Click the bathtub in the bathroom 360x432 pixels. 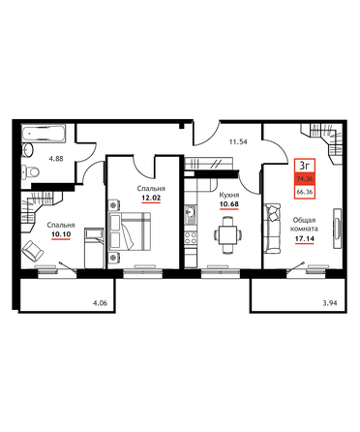[x=44, y=134]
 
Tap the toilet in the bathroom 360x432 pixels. [x=30, y=171]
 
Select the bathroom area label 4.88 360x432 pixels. [x=56, y=159]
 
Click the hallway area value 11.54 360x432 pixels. [x=238, y=141]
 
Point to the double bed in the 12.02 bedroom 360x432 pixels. [x=130, y=231]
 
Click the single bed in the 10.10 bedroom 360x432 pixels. [x=94, y=248]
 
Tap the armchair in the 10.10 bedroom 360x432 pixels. [x=32, y=251]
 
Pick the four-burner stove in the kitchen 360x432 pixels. [x=190, y=238]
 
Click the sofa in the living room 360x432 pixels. [x=272, y=228]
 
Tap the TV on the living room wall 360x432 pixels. [x=338, y=229]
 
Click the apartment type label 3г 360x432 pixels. [x=305, y=167]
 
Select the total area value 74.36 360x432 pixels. [x=305, y=178]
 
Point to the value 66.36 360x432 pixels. [x=305, y=192]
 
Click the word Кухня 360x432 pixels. [x=229, y=195]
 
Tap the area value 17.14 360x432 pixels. [x=305, y=238]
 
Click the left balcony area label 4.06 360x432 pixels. [x=100, y=303]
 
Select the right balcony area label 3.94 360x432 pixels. [x=329, y=303]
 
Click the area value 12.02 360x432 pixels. [x=151, y=198]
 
